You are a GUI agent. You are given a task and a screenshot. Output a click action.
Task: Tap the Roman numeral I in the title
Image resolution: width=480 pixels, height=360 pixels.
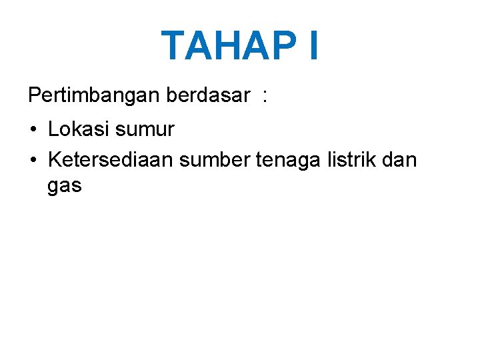pyautogui.click(x=313, y=46)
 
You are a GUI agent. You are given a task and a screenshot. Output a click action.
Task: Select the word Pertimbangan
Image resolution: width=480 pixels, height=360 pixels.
pyautogui.click(x=94, y=96)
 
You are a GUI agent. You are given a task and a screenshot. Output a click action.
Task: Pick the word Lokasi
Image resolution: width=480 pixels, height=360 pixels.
pyautogui.click(x=79, y=129)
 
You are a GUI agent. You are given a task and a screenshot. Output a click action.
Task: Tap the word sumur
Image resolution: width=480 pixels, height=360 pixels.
pyautogui.click(x=145, y=129)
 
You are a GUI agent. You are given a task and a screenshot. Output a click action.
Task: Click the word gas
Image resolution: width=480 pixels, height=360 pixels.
pyautogui.click(x=64, y=187)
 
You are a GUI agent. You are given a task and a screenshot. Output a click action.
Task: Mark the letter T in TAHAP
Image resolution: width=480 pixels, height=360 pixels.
pyautogui.click(x=175, y=46)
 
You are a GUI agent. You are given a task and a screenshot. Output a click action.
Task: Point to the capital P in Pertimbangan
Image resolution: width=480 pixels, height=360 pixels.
pyautogui.click(x=35, y=96)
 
